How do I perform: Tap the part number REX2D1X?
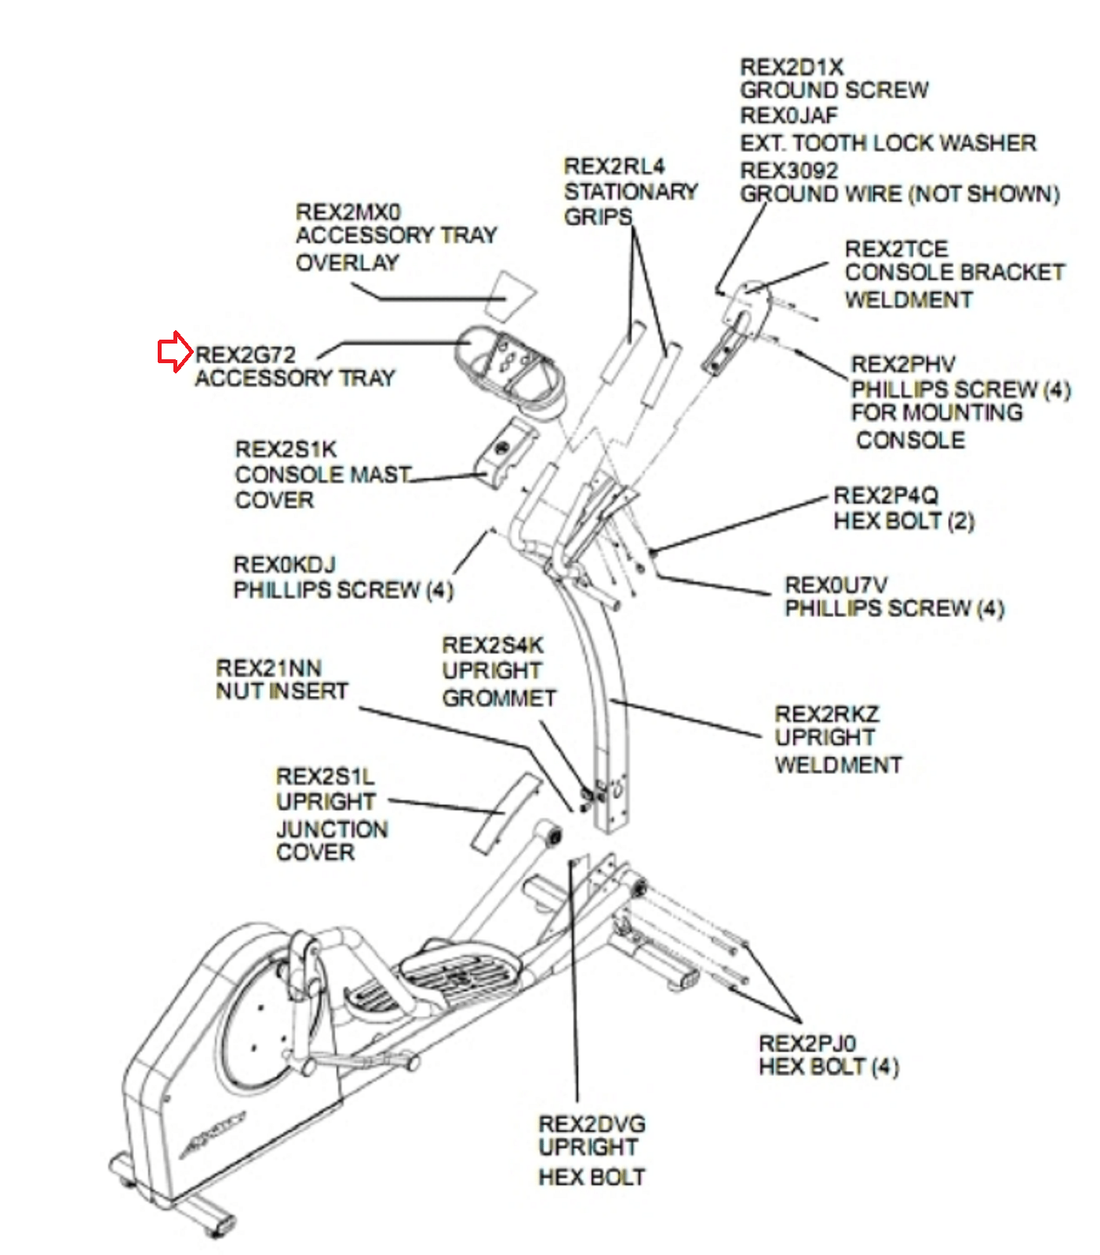click(x=791, y=67)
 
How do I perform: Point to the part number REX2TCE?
click(x=896, y=249)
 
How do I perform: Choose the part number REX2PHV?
click(x=903, y=365)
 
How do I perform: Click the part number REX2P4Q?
click(x=885, y=496)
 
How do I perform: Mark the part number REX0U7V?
click(x=836, y=585)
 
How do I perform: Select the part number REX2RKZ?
click(x=827, y=714)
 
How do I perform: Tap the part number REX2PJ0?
click(x=807, y=1043)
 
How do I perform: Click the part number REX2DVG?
click(x=592, y=1123)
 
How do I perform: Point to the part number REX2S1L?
click(x=325, y=777)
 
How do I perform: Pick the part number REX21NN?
click(x=268, y=668)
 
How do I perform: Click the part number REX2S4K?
click(x=492, y=646)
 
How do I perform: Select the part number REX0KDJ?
click(x=284, y=565)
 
